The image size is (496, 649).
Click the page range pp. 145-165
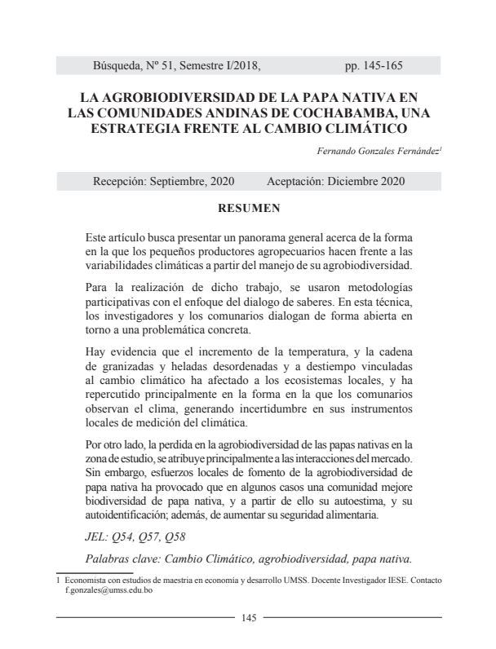click(374, 65)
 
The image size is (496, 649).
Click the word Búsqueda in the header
click(121, 65)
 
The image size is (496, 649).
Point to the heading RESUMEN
click(248, 208)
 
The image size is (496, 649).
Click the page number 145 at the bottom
click(249, 618)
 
